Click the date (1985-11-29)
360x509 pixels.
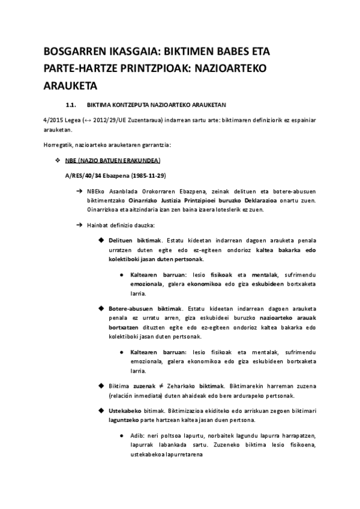coord(145,175)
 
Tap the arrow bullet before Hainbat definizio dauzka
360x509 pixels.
coord(79,225)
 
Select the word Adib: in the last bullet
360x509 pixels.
coord(138,434)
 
